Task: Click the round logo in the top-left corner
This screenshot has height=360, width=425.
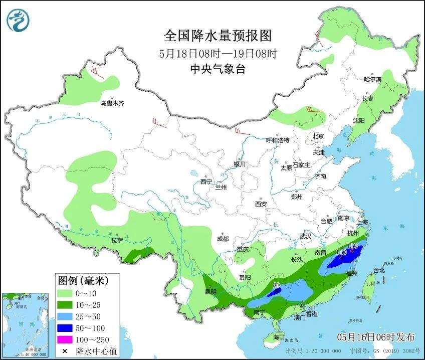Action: [x=19, y=20]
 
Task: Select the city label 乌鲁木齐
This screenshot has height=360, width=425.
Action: [x=111, y=103]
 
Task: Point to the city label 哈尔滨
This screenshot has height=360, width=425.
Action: [x=372, y=79]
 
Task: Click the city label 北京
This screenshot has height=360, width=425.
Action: [x=318, y=136]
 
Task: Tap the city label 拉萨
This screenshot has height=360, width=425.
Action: [x=117, y=241]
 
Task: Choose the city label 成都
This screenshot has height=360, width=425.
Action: [x=223, y=239]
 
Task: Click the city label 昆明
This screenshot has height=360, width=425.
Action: [x=210, y=291]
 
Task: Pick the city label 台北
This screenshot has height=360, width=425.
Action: [x=379, y=270]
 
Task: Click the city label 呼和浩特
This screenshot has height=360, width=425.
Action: [x=277, y=140]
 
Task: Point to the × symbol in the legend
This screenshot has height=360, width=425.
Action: [x=64, y=350]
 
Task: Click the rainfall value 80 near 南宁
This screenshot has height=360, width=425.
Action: [x=275, y=285]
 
